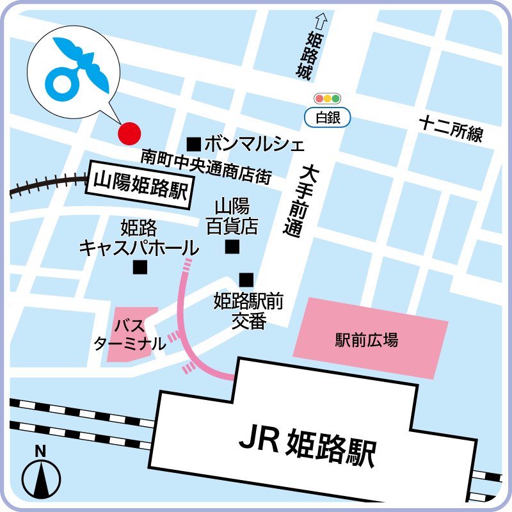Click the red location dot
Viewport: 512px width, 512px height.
(129, 133)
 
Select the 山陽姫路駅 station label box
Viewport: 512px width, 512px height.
(141, 184)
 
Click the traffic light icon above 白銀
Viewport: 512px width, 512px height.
(328, 99)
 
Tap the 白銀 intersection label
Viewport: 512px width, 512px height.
(328, 117)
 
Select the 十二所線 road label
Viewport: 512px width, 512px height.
(451, 129)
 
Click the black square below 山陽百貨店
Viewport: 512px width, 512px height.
(232, 246)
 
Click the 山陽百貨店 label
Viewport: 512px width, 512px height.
(232, 216)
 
